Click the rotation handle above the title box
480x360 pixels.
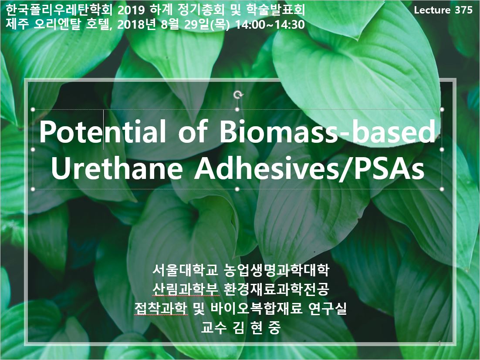coord(238,95)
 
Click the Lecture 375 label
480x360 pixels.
coord(443,10)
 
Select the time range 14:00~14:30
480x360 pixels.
coord(270,24)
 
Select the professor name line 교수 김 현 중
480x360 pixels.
coord(240,328)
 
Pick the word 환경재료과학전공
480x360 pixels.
coord(277,289)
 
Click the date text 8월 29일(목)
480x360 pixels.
coord(195,24)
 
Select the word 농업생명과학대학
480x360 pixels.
coord(277,270)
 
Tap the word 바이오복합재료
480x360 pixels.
coord(257,308)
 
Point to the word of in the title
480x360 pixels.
coord(193,131)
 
